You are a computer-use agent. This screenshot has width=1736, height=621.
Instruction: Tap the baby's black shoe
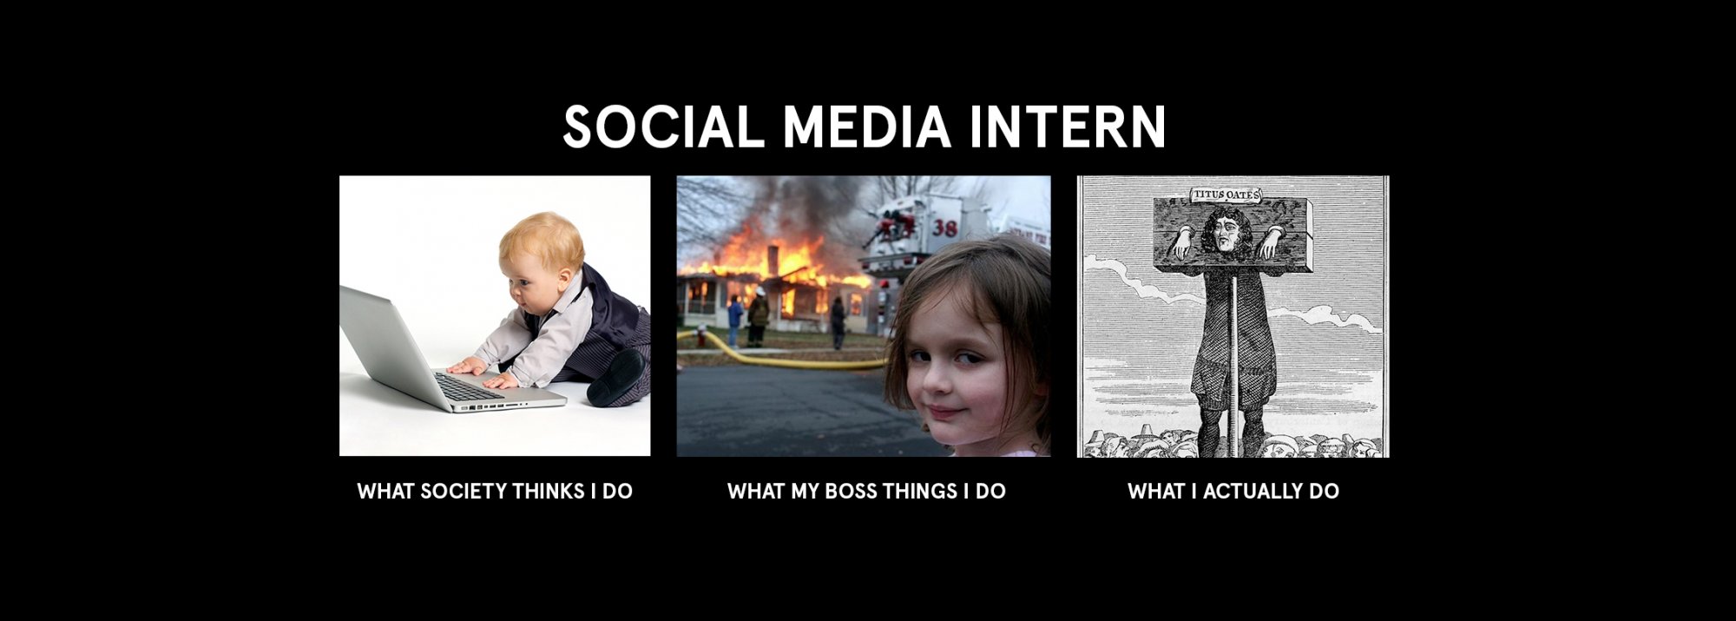tap(616, 378)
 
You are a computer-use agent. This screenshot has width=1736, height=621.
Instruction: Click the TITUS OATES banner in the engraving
tap(1225, 195)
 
